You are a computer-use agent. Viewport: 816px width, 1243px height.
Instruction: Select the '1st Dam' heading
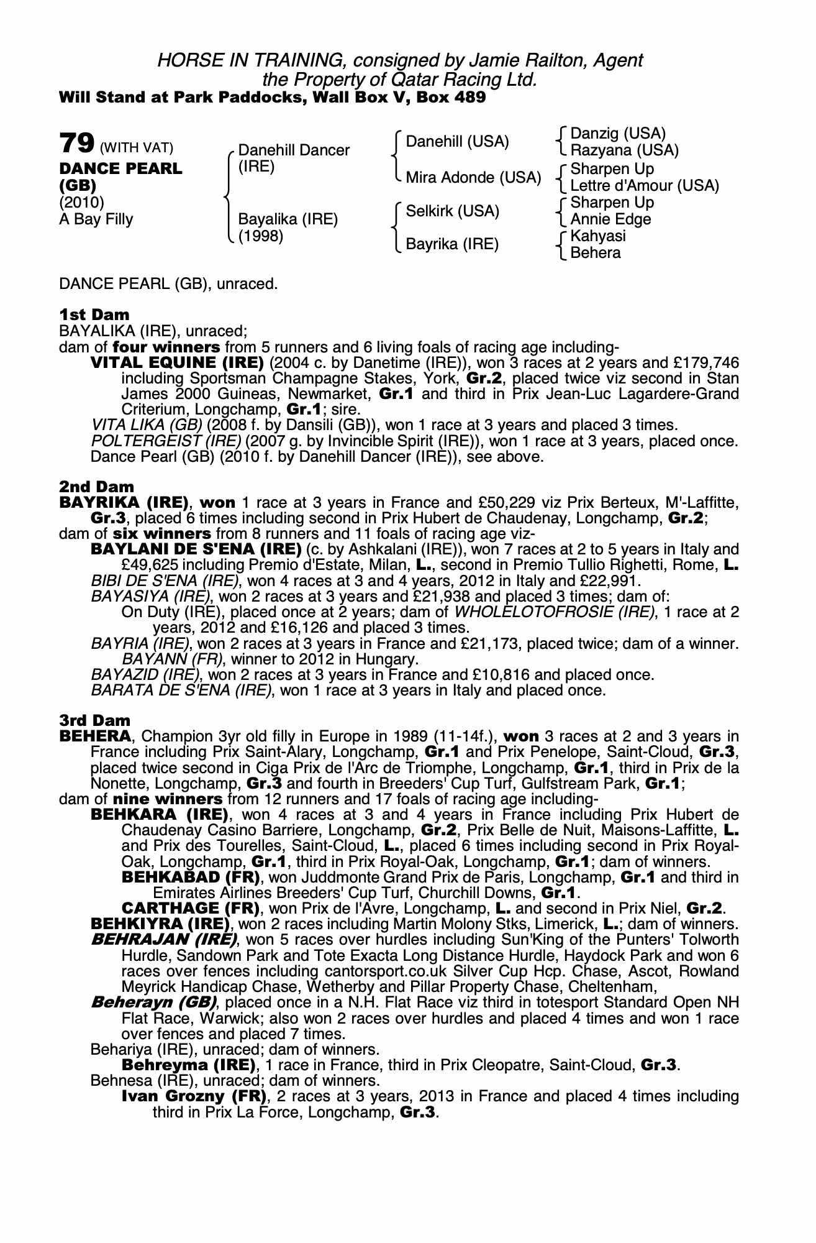94,314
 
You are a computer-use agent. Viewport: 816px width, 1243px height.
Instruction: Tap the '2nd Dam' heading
96,487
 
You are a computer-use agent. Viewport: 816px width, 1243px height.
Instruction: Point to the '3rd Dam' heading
95,720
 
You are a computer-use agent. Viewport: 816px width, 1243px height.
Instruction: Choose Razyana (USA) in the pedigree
624,150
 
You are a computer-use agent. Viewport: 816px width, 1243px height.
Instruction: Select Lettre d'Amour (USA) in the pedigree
644,185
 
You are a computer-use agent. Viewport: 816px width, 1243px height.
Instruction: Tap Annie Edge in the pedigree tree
610,219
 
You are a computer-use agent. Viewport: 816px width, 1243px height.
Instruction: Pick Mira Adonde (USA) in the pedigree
473,178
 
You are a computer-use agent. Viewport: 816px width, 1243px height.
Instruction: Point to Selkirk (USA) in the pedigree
452,211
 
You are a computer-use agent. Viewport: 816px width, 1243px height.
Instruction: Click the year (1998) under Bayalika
261,236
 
